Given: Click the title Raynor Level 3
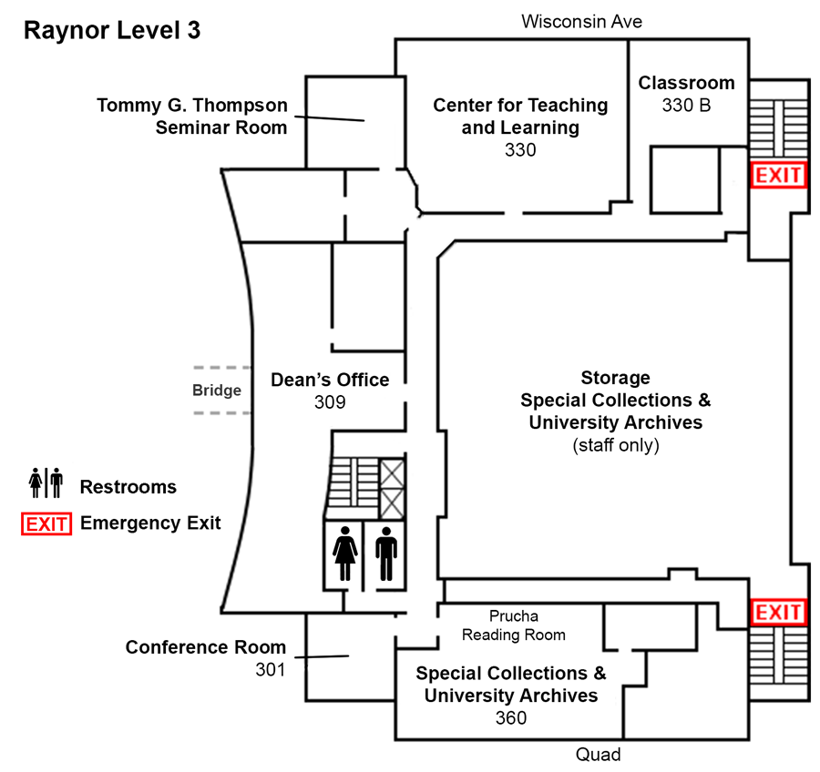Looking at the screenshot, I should [112, 30].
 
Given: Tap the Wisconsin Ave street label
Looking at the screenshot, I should [581, 21].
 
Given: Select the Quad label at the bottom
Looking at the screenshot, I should [598, 755].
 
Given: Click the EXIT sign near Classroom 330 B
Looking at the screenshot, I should [777, 175].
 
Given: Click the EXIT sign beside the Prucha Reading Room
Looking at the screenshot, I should [777, 613].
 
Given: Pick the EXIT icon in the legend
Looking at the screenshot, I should [47, 523].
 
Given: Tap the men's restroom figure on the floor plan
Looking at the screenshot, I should [386, 554].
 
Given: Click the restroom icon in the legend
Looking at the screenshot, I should [46, 483].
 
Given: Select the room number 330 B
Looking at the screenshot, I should [686, 106].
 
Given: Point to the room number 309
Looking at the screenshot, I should [329, 401].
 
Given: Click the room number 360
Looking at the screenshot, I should [510, 717].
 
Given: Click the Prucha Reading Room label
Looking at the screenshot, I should [513, 625].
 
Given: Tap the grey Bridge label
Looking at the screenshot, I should [216, 391].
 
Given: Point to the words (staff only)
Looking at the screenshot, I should [615, 445].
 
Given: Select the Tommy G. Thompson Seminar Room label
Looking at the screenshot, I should [192, 117].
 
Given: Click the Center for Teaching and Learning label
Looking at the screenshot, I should [519, 117].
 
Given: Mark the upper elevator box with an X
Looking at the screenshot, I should [394, 475].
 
